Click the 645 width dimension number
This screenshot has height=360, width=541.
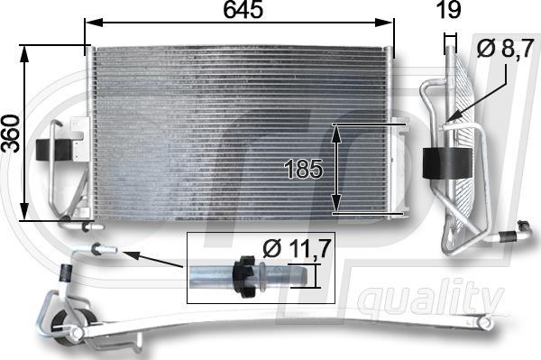tap(243, 11)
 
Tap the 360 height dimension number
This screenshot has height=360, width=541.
tap(11, 134)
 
